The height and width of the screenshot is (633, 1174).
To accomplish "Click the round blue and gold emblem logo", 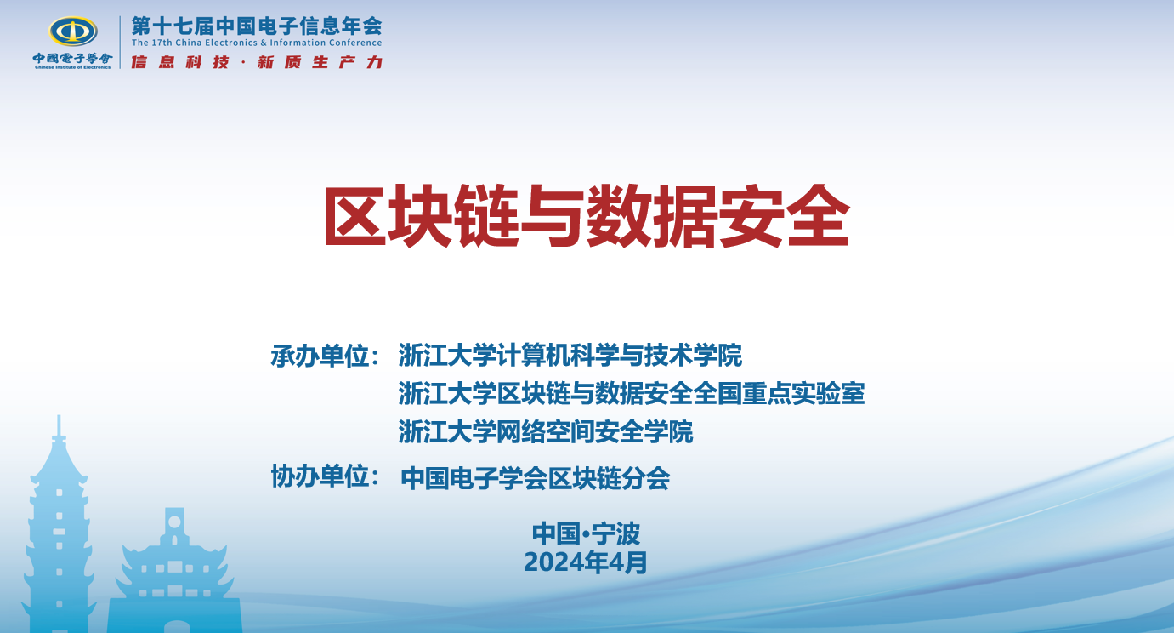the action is pos(73,31).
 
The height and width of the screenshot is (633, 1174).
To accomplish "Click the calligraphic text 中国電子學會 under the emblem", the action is pos(72,58).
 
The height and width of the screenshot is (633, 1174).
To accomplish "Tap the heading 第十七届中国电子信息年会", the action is pos(257,26).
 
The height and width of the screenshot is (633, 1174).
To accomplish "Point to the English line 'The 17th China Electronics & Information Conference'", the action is pos(257,43).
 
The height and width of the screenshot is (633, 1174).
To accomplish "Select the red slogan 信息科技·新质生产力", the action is pos(257,62).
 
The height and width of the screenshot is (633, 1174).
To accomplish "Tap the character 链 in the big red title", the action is pos(487,215).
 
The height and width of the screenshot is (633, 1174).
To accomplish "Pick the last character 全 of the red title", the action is pos(818,215).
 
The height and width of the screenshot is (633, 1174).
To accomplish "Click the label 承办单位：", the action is pos(325,356).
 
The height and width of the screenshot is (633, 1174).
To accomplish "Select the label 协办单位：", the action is pos(325,476).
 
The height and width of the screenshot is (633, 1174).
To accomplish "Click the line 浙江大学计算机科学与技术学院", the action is pos(570,356).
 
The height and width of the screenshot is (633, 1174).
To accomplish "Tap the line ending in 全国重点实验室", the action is pos(632,393).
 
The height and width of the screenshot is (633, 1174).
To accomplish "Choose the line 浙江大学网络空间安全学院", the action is pos(546,431).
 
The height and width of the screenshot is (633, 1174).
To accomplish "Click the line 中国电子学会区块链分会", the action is pos(535,478).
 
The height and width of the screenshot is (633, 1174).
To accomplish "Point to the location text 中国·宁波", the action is pos(586,533).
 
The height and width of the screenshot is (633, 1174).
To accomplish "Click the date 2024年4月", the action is pos(586,562).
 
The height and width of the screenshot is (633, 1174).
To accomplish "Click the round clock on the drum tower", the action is pos(174,522).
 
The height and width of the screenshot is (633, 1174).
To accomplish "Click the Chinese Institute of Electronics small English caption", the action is pos(72,67).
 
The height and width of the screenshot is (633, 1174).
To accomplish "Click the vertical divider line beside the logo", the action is pos(120,42).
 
